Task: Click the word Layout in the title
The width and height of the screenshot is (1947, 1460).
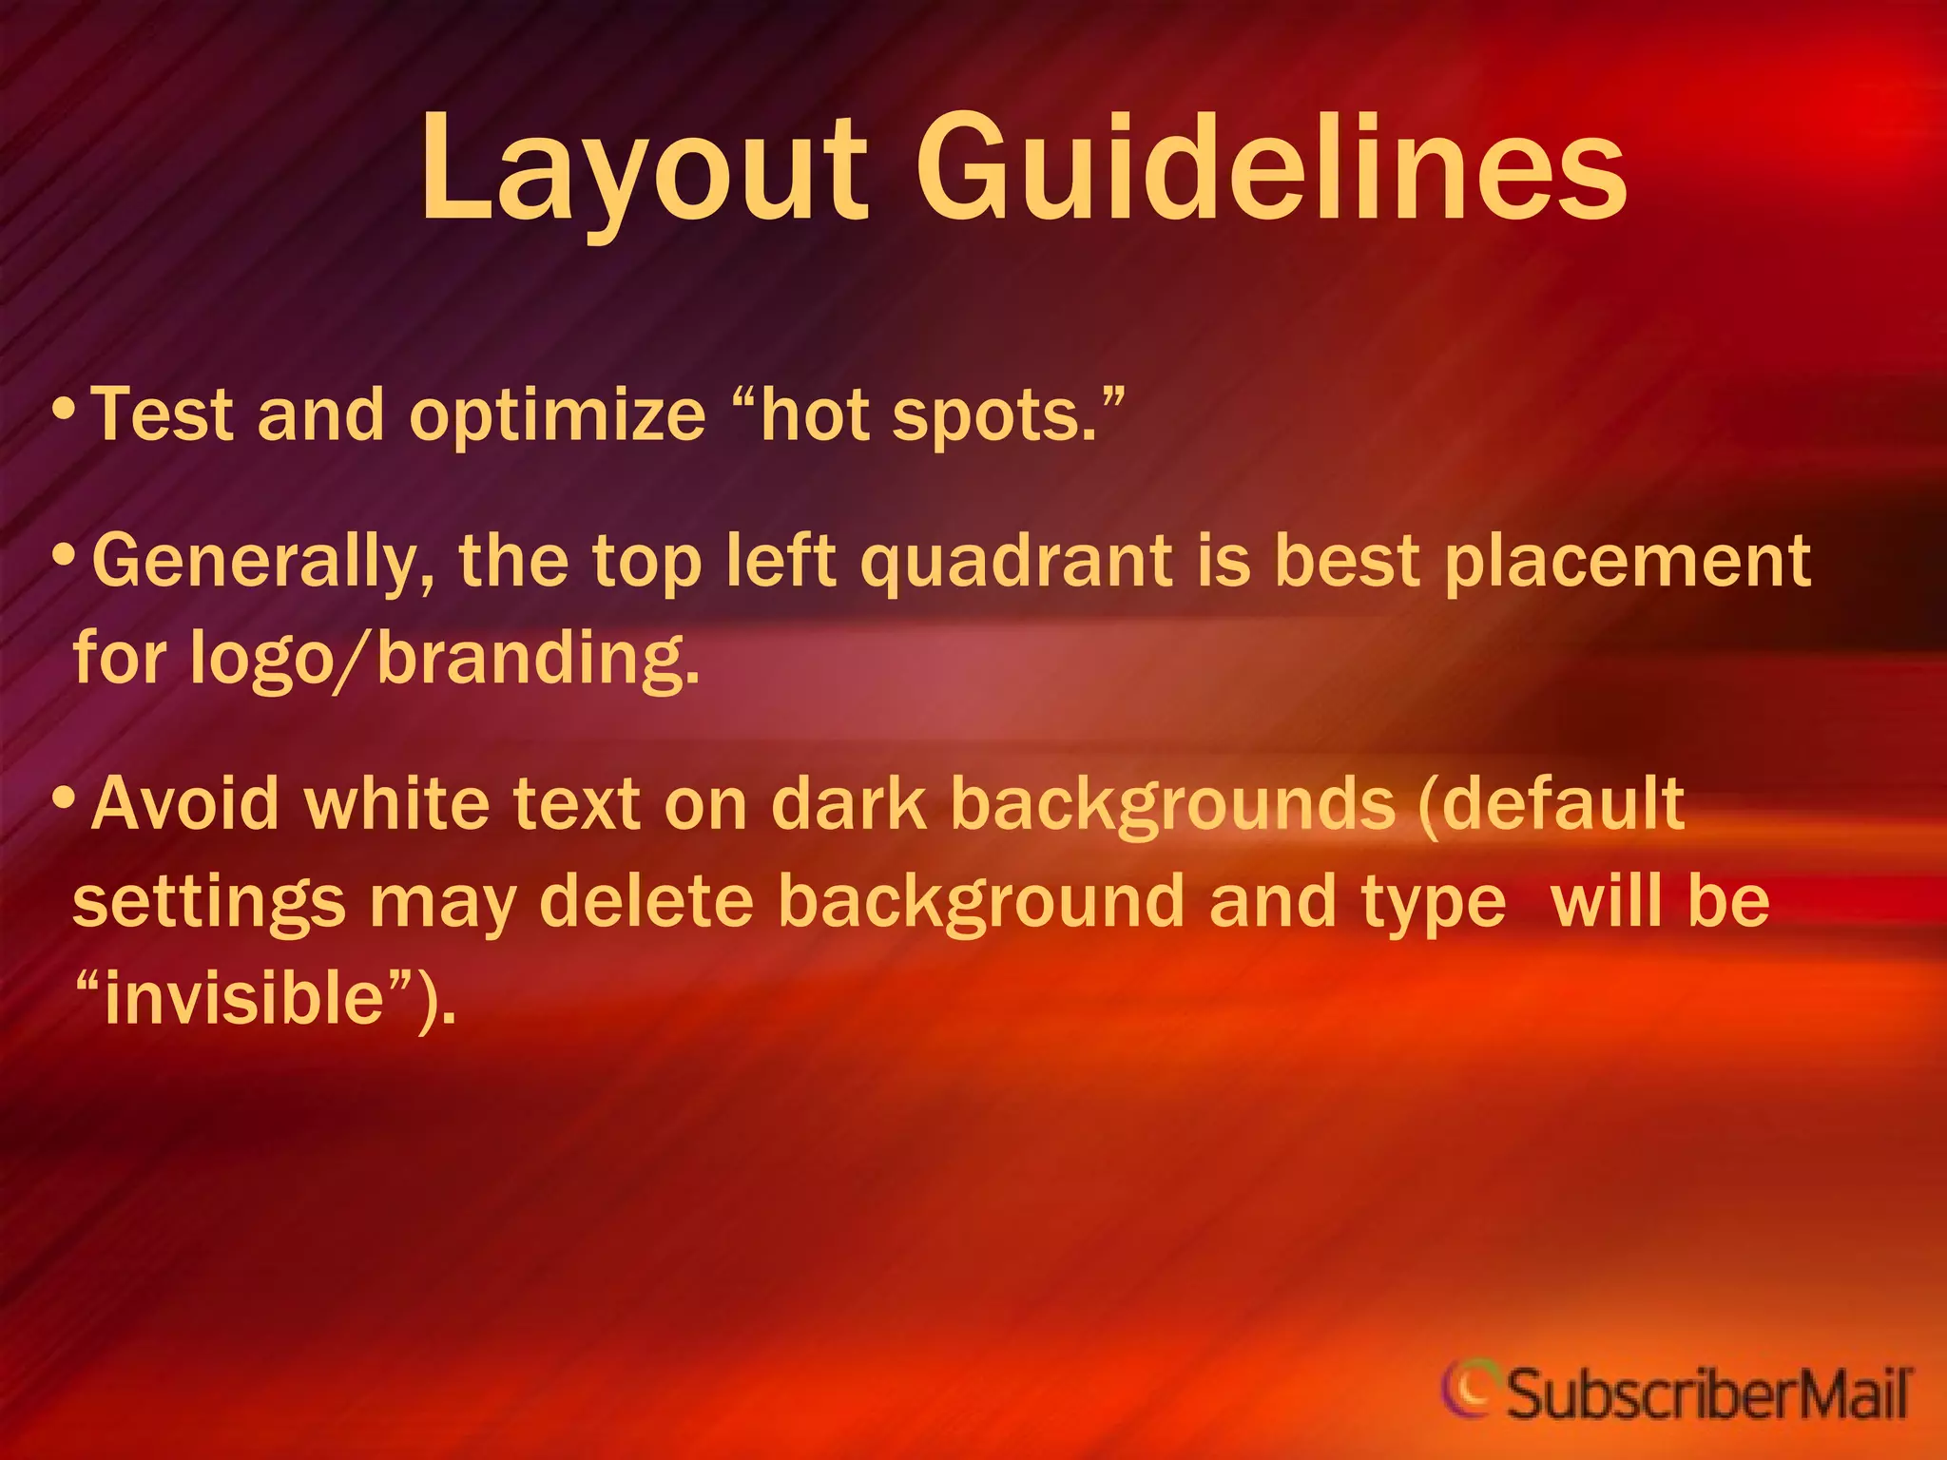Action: (x=643, y=171)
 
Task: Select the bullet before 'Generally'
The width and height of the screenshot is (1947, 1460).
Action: (x=64, y=555)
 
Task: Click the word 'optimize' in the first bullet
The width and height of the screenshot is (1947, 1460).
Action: (x=557, y=416)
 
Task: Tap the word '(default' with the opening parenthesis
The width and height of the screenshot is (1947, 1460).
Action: (x=1550, y=804)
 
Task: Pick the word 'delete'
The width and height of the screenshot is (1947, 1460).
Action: (x=646, y=901)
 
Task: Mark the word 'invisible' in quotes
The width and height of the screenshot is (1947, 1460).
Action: (x=243, y=999)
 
